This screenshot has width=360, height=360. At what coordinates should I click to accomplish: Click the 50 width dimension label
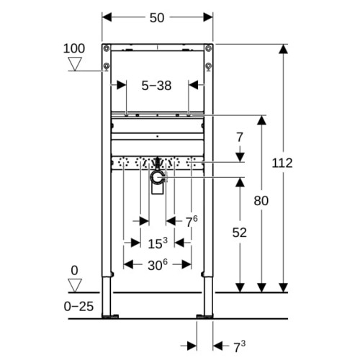pos(157,18)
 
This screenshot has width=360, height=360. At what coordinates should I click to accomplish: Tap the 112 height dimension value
pos(282,163)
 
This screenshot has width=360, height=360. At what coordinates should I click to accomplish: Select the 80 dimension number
pos(261,201)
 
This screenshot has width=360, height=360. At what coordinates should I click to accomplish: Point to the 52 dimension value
pos(240,233)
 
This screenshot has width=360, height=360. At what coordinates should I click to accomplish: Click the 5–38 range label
pos(156,86)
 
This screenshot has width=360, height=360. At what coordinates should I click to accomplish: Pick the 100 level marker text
pos(74,48)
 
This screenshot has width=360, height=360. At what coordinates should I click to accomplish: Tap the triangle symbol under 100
pos(75,64)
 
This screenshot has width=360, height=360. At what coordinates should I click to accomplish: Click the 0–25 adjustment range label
pos(78,307)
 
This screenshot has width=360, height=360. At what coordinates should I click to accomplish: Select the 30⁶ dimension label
pos(158,264)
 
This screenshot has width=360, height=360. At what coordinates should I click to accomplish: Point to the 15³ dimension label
pos(158,243)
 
